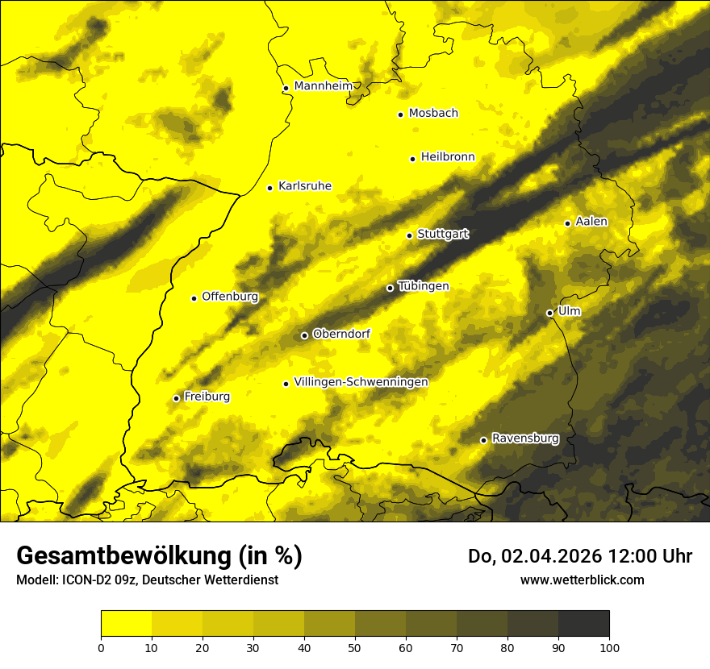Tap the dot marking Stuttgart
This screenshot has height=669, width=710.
[x=409, y=235]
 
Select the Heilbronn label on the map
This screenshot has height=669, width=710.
[x=448, y=157]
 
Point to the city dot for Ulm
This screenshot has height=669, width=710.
[x=549, y=313]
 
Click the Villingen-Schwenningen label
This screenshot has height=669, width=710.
[x=361, y=382]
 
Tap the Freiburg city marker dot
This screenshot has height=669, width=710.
[x=176, y=398]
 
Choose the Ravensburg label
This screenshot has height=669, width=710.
[x=524, y=438]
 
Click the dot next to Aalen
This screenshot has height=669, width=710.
[x=567, y=223]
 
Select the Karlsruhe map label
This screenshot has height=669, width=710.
[x=305, y=186]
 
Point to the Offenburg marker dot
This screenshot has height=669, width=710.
[x=194, y=298]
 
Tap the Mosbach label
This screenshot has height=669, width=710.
[x=433, y=114]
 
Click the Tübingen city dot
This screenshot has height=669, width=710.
[x=390, y=288]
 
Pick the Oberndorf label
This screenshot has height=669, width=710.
[x=341, y=334]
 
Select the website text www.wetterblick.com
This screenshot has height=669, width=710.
[x=583, y=580]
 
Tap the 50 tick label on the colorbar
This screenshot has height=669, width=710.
[x=355, y=647]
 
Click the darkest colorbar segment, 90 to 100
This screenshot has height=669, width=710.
[x=583, y=624]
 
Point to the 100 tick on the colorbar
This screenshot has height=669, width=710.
[x=609, y=647]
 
